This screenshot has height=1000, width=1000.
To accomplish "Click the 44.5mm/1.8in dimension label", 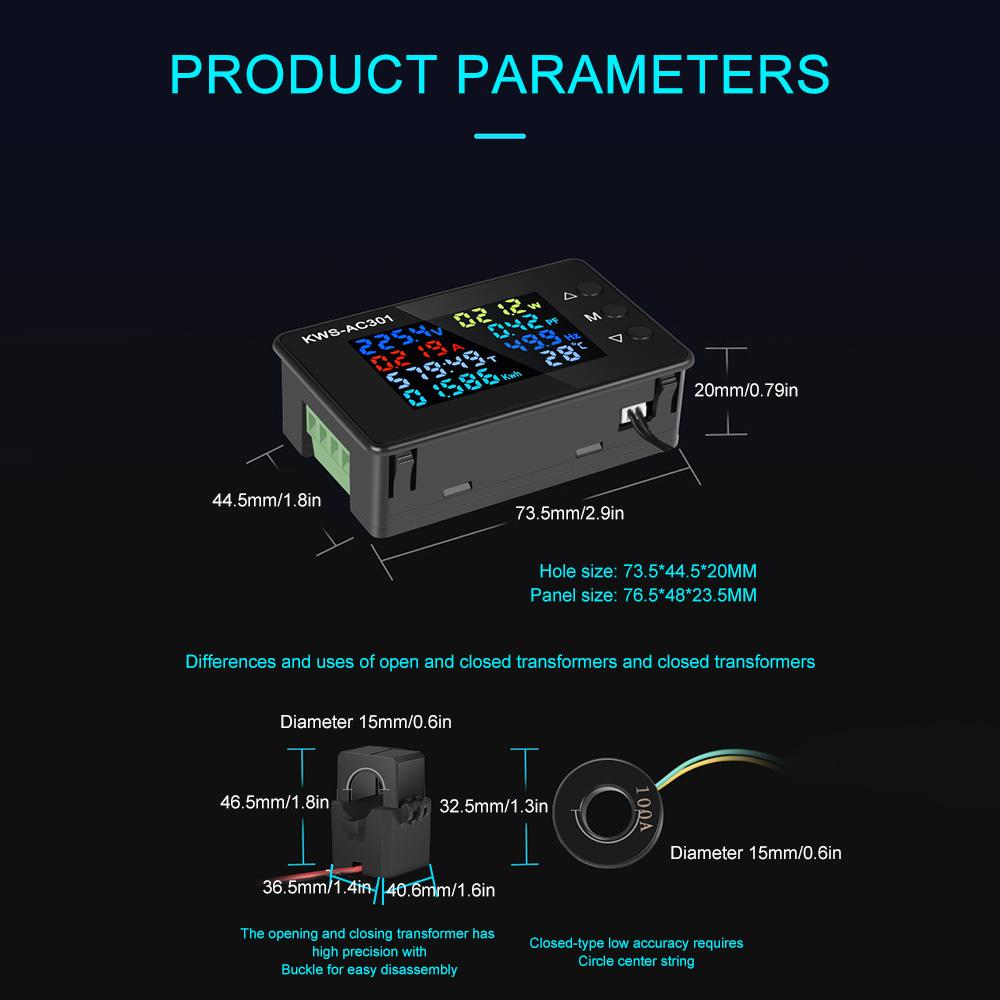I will pos(267,500).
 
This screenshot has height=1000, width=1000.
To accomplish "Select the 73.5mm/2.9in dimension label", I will pos(570,513).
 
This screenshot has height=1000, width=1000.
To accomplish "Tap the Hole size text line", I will pos(647,572).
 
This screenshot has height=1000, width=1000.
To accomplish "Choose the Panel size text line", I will pos(643,596).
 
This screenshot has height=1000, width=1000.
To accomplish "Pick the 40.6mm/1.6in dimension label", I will pos(441,888).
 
